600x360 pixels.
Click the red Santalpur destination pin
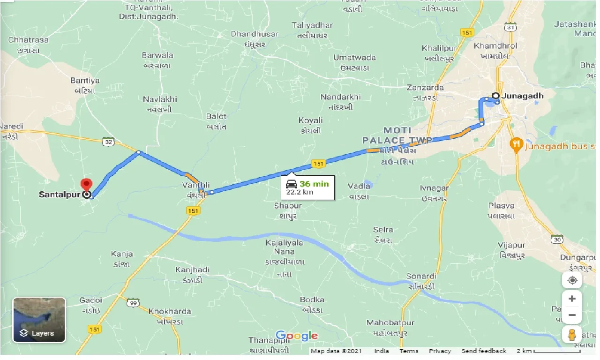click(x=86, y=185)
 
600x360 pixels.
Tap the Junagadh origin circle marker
click(x=495, y=96)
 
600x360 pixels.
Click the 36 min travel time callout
click(x=308, y=187)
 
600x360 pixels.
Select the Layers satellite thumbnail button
click(x=39, y=320)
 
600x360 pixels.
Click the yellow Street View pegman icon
click(x=572, y=335)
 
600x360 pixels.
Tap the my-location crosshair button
click(x=572, y=280)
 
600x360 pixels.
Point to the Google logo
click(x=296, y=336)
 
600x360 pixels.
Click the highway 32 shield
click(x=108, y=142)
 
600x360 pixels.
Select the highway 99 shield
click(x=133, y=303)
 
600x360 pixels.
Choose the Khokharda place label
click(x=170, y=311)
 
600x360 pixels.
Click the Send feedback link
click(x=484, y=351)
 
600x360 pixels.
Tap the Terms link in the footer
click(x=409, y=351)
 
